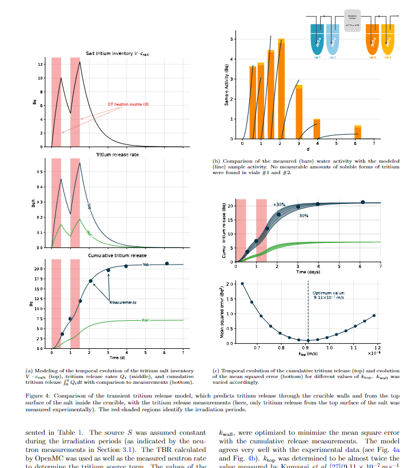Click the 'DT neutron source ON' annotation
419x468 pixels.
[x=128, y=104]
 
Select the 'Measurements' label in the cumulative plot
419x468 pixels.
[x=123, y=302]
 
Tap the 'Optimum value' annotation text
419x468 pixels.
[x=330, y=296]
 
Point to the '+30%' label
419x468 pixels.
[x=279, y=204]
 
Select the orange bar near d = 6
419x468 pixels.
[x=357, y=132]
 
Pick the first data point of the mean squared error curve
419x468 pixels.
[x=242, y=284]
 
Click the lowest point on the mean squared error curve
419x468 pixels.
[x=308, y=340]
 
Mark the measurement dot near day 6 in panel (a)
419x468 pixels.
[x=167, y=264]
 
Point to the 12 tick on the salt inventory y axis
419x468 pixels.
[x=40, y=65]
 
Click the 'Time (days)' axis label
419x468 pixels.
[x=308, y=272]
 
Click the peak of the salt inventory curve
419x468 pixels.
[x=80, y=62]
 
